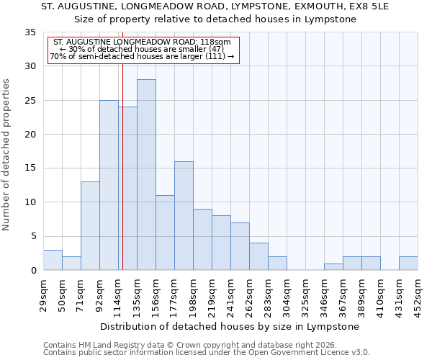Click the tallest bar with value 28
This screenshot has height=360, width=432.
146,175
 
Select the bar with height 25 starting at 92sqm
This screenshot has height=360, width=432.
109,185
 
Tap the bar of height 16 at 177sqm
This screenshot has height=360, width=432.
184,216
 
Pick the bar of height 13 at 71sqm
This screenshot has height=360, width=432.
90,226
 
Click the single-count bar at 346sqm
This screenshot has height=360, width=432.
333,267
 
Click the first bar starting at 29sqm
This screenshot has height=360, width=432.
53,260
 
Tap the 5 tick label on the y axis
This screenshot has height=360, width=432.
32,237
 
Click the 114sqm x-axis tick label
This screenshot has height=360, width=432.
118,294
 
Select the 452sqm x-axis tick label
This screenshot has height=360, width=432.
418,294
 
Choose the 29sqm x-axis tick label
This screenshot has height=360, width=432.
43,294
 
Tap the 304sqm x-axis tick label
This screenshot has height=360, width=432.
287,294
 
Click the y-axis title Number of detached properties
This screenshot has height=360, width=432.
6,155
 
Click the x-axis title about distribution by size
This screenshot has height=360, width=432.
229,326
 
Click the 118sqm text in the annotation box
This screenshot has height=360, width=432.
216,42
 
